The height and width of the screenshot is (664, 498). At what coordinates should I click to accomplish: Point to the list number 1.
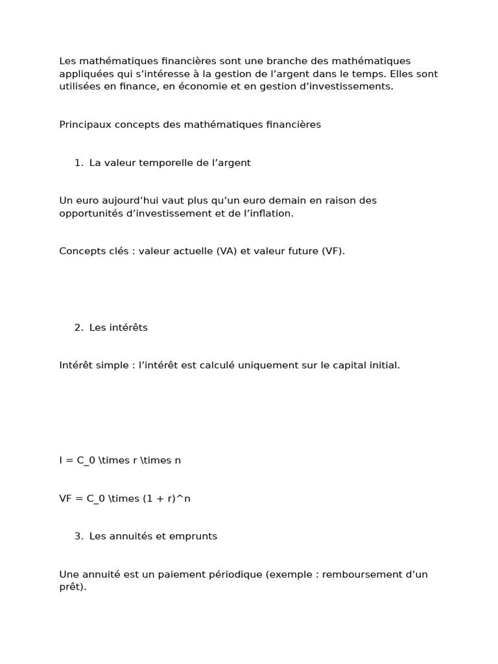pos(78,163)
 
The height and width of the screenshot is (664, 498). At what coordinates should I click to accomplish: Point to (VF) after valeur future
pos(332,251)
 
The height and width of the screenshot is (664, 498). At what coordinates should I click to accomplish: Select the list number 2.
pos(78,327)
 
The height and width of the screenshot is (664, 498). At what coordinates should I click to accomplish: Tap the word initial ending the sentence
pos(383,365)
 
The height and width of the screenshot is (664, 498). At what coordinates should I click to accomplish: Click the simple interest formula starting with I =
pos(120,460)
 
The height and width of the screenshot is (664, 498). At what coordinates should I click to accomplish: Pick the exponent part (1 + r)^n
pos(167,499)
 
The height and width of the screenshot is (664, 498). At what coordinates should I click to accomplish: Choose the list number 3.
pos(78,536)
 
